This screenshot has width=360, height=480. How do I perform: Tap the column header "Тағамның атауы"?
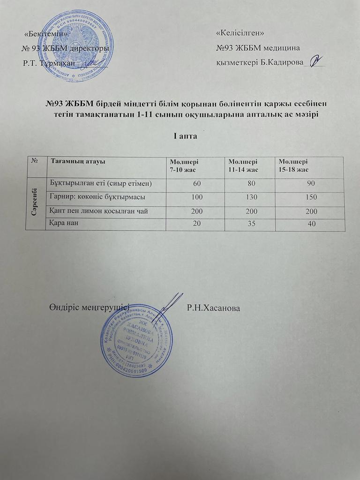78,162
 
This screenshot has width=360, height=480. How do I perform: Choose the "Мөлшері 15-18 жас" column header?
293,165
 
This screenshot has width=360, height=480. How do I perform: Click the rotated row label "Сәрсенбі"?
36,203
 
